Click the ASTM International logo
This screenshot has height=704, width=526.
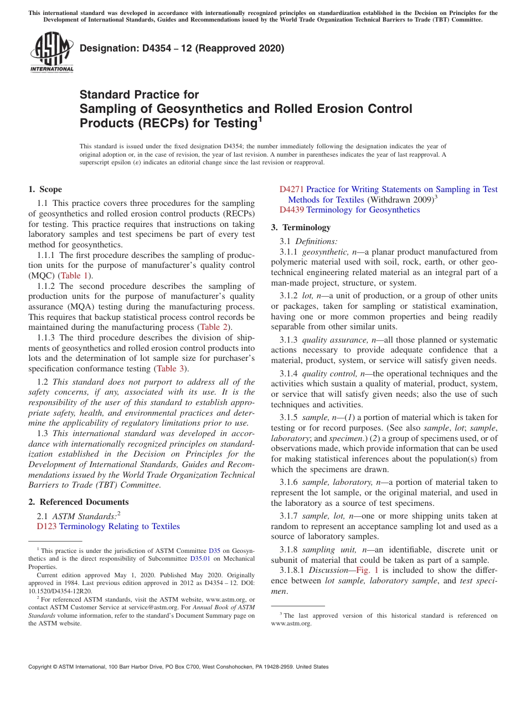click(x=51, y=53)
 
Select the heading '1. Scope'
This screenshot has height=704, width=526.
click(x=45, y=189)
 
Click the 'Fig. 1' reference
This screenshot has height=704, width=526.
click(x=368, y=570)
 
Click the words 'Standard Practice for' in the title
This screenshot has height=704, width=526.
click(x=139, y=95)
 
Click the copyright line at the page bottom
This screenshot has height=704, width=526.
click(x=178, y=667)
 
